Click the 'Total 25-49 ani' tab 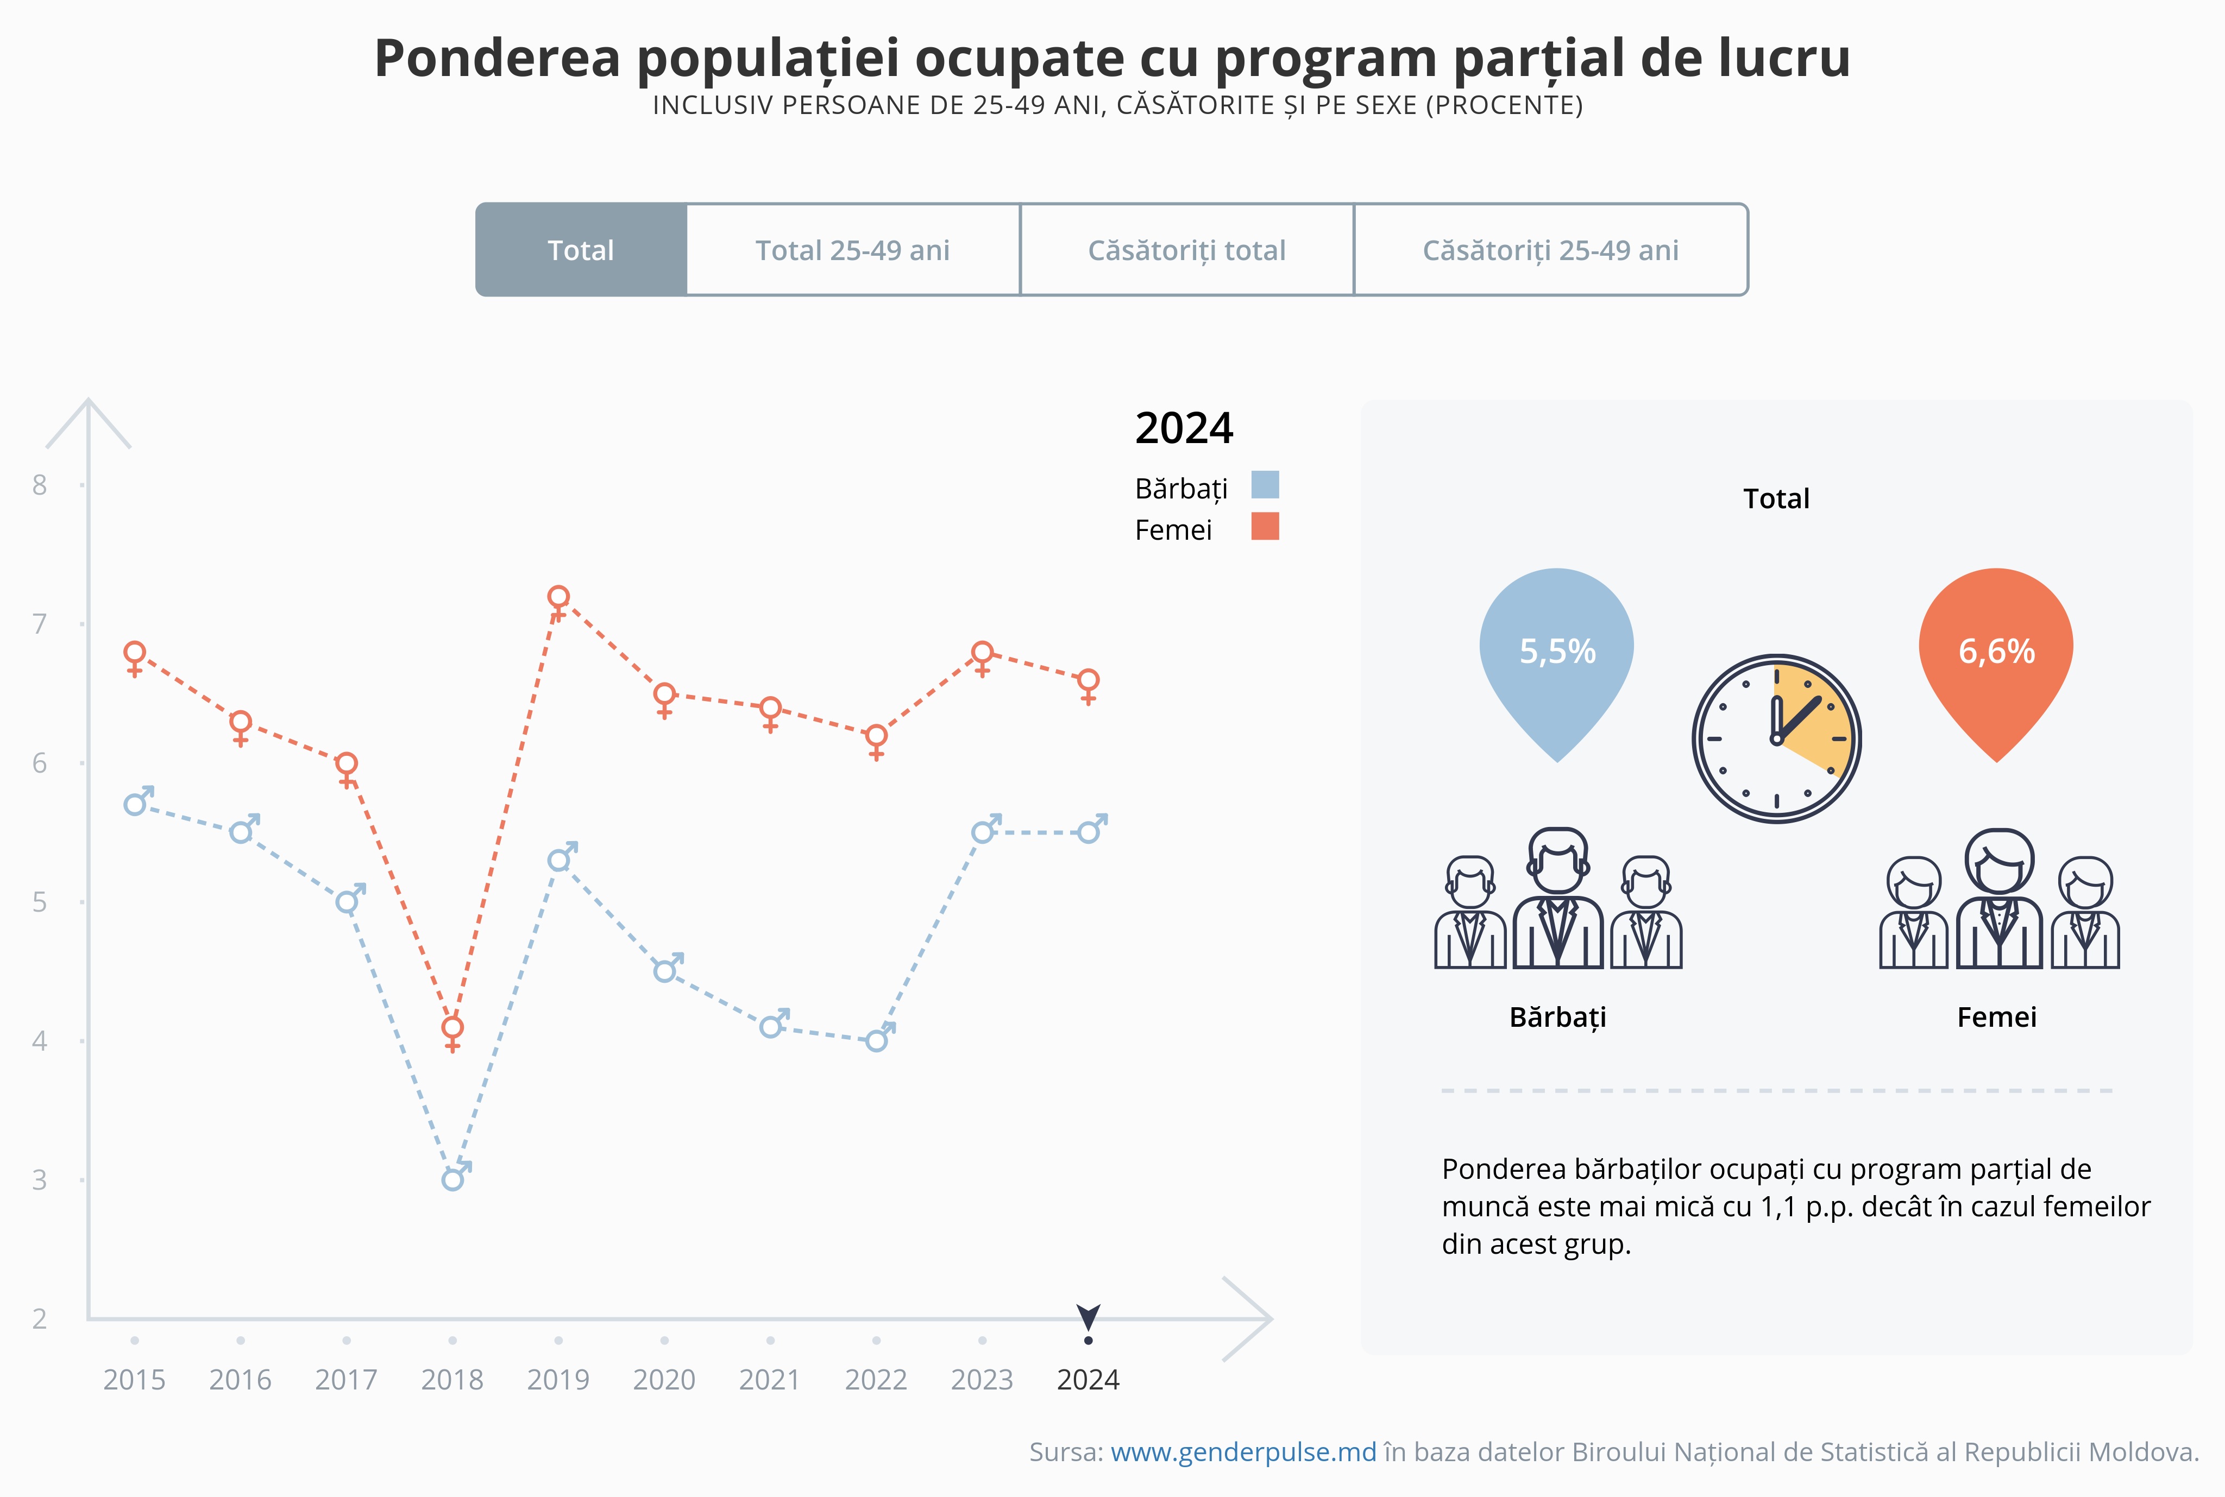pos(852,250)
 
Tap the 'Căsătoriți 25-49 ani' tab pos(1550,250)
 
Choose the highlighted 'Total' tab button pos(581,250)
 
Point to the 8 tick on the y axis pos(39,485)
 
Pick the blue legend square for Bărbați pos(1265,485)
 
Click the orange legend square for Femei pos(1265,526)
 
